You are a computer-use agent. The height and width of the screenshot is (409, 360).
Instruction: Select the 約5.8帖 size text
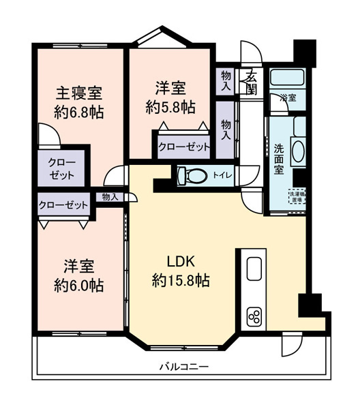170,106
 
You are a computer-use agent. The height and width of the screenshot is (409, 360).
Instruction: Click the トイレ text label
222,176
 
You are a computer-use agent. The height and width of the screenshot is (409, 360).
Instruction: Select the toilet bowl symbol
194,176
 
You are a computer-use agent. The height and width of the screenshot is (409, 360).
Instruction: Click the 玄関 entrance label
252,80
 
